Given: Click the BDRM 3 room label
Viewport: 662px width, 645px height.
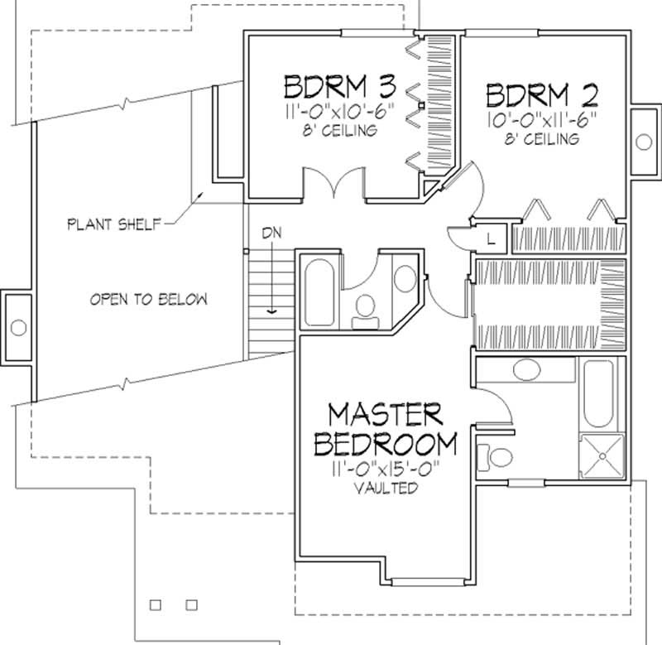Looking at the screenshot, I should click(340, 87).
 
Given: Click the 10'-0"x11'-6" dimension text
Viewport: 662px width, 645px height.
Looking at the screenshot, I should click(542, 120).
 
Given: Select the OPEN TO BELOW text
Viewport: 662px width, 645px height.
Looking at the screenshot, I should click(148, 299).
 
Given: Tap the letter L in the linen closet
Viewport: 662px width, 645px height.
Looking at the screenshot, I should click(491, 239).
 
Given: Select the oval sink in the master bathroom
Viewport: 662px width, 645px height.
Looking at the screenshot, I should click(526, 369).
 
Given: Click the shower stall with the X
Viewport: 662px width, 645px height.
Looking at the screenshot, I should click(602, 456).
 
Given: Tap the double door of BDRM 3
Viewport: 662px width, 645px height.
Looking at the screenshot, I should click(335, 184).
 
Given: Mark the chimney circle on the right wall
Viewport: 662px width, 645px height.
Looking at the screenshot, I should click(644, 142).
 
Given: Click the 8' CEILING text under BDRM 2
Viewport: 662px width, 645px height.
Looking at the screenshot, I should click(542, 139).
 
